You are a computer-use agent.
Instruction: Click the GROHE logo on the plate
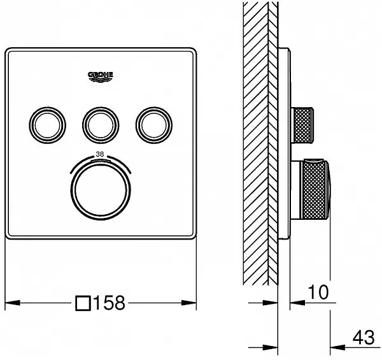(101, 77)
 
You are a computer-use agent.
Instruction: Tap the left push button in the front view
(47, 126)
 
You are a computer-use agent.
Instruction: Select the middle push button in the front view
(101, 126)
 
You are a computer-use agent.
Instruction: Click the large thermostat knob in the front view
(101, 191)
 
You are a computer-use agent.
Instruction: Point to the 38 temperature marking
(100, 154)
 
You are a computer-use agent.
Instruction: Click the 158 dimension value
(110, 303)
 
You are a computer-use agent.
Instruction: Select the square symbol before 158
(83, 303)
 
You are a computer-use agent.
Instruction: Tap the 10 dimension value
(318, 292)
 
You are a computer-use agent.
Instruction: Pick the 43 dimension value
(364, 338)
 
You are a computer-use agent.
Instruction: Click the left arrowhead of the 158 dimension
(13, 303)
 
